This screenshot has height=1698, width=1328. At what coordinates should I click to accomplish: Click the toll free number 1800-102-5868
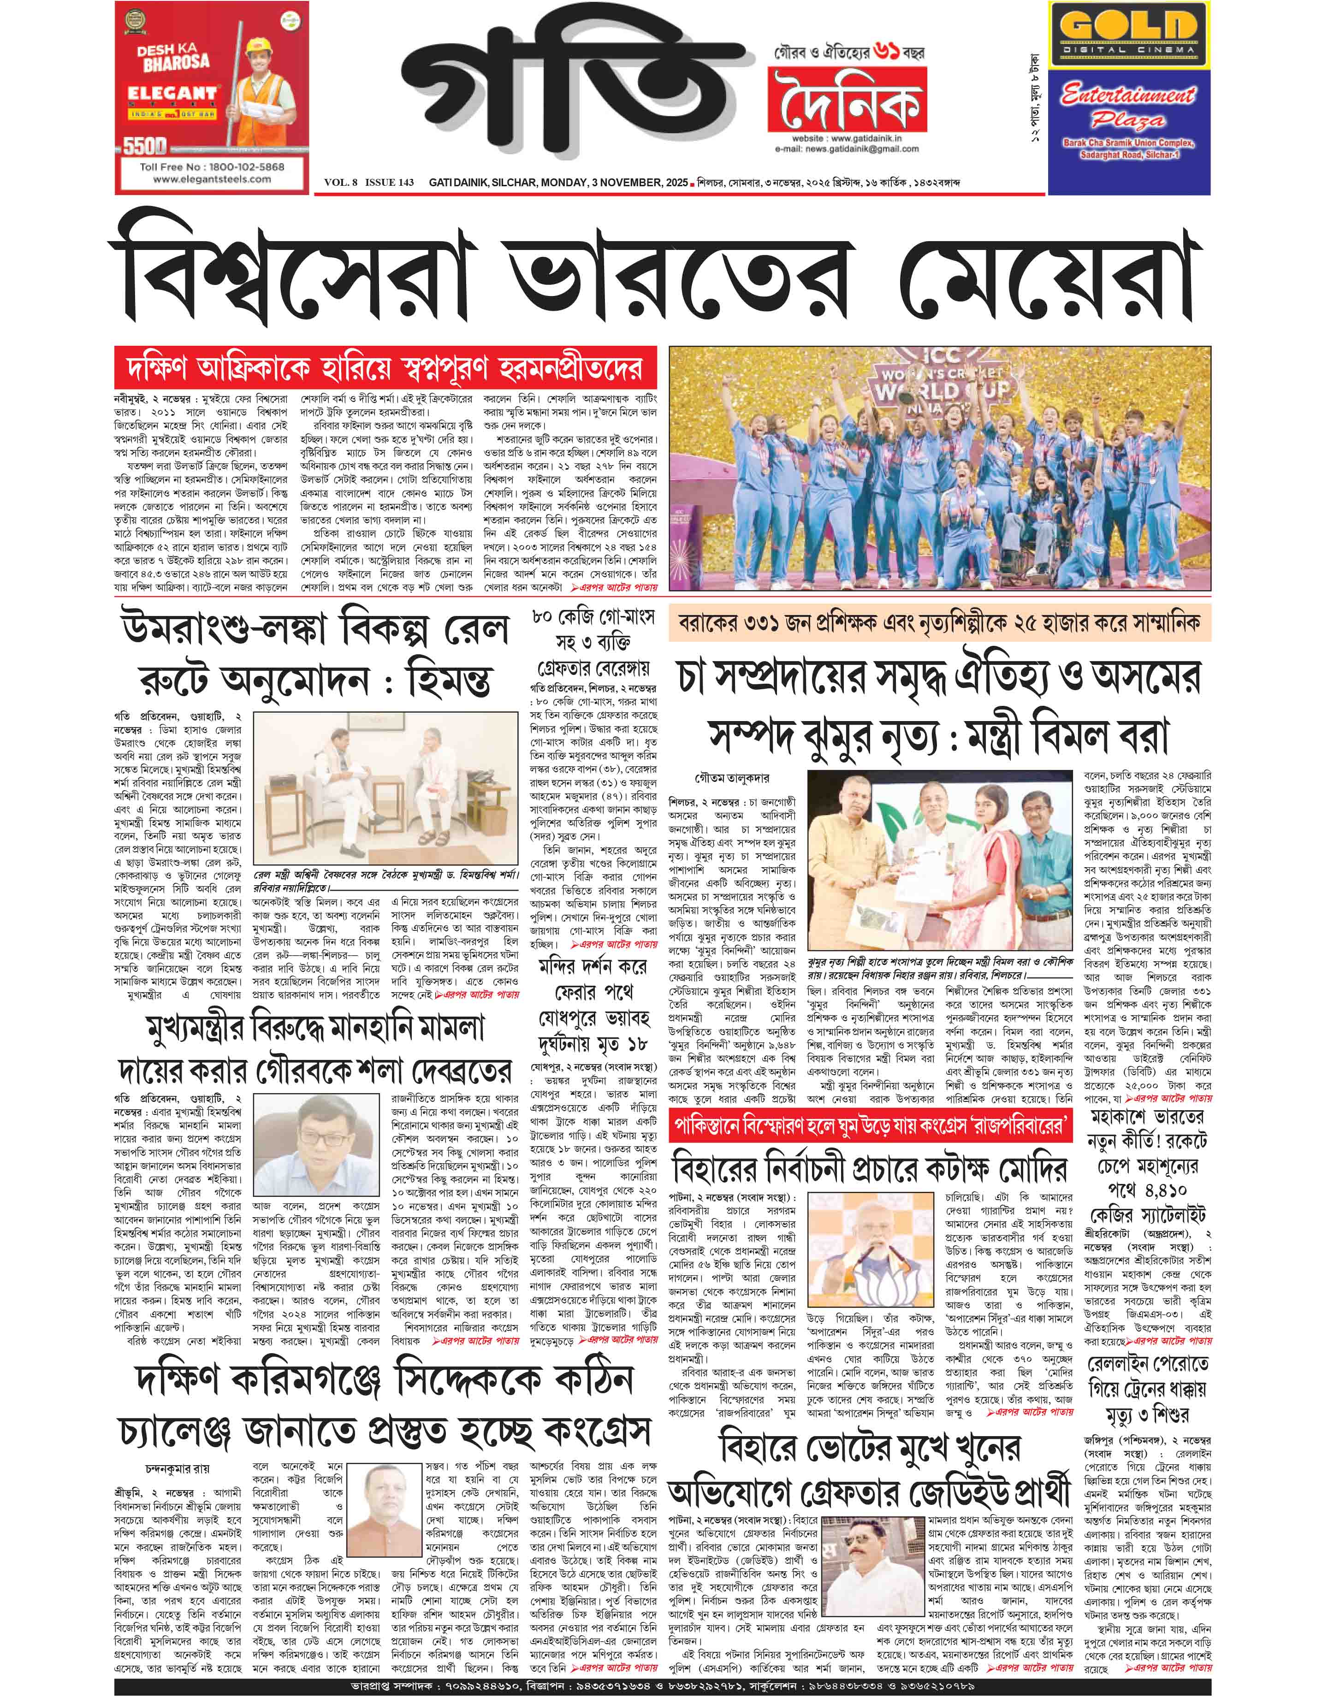click(212, 166)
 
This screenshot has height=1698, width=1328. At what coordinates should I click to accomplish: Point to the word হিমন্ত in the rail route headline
click(449, 681)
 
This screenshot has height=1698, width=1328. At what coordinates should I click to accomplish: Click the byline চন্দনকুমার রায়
click(177, 1469)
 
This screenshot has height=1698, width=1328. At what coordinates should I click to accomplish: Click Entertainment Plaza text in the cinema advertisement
click(1128, 106)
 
